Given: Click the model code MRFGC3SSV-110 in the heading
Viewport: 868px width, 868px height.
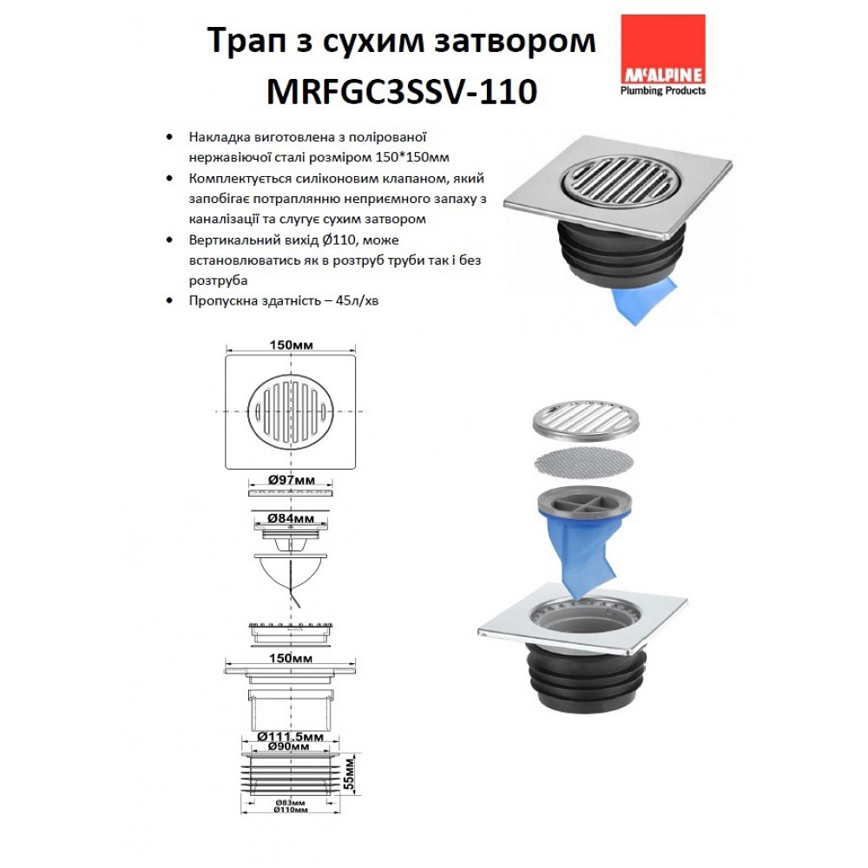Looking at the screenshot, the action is (402, 91).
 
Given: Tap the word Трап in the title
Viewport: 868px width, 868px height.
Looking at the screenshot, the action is (246, 42).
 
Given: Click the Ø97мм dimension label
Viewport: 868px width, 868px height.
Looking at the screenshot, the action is (291, 480).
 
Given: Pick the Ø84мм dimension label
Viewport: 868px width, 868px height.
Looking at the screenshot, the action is (291, 519).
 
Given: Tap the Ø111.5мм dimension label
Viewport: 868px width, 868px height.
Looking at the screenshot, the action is (291, 737).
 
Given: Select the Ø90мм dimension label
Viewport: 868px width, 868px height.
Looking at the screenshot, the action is (289, 746).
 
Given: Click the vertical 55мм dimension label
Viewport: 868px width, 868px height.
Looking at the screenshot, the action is (348, 774).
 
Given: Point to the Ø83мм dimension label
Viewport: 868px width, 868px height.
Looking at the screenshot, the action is (291, 803).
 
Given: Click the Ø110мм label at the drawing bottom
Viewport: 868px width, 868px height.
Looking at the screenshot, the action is (291, 810).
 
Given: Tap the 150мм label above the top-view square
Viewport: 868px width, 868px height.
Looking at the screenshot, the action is (291, 345).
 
